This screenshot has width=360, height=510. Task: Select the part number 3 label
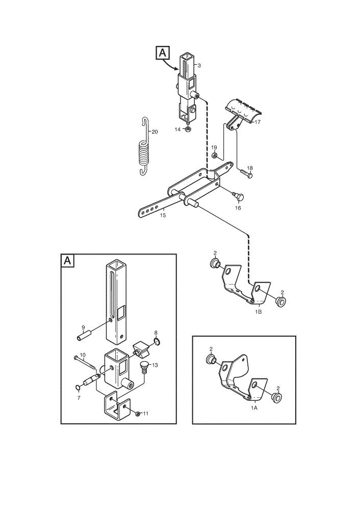pyautogui.click(x=199, y=65)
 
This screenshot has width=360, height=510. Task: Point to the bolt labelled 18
pyautogui.click(x=246, y=173)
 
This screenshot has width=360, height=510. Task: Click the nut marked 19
pyautogui.click(x=214, y=156)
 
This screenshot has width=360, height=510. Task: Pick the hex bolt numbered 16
pyautogui.click(x=238, y=196)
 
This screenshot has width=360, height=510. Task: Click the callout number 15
pyautogui.click(x=163, y=215)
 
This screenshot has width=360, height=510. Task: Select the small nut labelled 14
pyautogui.click(x=188, y=130)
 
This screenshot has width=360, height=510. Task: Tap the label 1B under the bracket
pyautogui.click(x=258, y=312)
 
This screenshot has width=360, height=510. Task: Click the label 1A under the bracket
pyautogui.click(x=254, y=407)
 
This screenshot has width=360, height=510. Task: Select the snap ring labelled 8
pyautogui.click(x=157, y=342)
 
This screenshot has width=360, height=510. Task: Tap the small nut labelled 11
pyautogui.click(x=138, y=414)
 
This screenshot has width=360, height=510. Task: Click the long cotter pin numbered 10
pyautogui.click(x=85, y=363)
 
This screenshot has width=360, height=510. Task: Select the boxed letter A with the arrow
pyautogui.click(x=163, y=53)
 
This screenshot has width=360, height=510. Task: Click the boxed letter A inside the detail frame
pyautogui.click(x=68, y=261)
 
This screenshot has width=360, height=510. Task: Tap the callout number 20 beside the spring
pyautogui.click(x=155, y=132)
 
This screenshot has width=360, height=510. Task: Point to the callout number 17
pyautogui.click(x=258, y=122)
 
